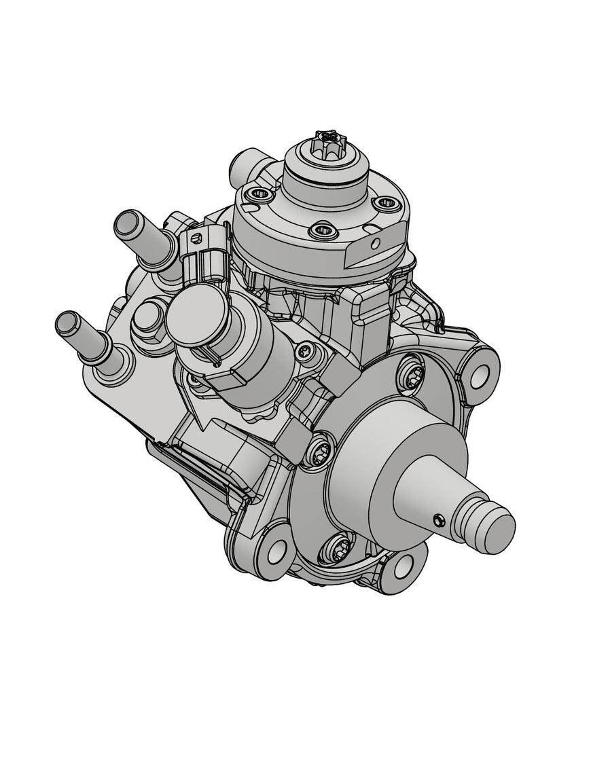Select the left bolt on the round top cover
[259, 196]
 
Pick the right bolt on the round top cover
[385, 203]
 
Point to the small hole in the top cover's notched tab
[373, 244]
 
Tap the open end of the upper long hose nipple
[125, 223]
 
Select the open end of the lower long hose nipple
[67, 323]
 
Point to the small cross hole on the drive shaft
[438, 520]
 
